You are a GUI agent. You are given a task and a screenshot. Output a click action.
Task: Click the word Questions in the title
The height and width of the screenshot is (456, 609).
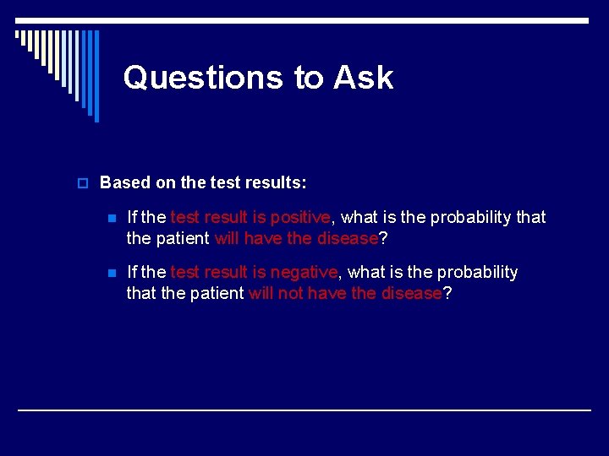203,78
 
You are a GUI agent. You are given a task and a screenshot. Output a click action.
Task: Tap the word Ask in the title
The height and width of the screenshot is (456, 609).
363,78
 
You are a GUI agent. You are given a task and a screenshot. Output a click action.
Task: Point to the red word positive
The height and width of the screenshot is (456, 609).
299,218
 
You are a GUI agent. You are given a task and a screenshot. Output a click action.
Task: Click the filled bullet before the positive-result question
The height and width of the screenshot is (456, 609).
111,218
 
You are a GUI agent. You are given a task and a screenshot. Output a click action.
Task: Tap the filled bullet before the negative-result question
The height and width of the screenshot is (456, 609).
111,273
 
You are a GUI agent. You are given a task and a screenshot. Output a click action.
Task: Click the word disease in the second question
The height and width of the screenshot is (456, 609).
411,294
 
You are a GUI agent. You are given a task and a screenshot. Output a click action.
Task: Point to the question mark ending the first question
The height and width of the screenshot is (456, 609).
383,239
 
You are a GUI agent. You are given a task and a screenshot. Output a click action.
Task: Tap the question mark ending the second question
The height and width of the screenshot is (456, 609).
447,294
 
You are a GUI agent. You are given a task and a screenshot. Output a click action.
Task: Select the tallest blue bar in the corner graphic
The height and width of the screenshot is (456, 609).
96,76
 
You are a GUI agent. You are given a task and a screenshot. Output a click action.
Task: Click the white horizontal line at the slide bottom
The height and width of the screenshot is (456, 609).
304,410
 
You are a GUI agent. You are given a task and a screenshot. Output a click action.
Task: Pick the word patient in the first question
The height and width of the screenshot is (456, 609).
182,239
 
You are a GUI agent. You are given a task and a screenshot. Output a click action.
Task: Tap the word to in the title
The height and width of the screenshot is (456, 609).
309,78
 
